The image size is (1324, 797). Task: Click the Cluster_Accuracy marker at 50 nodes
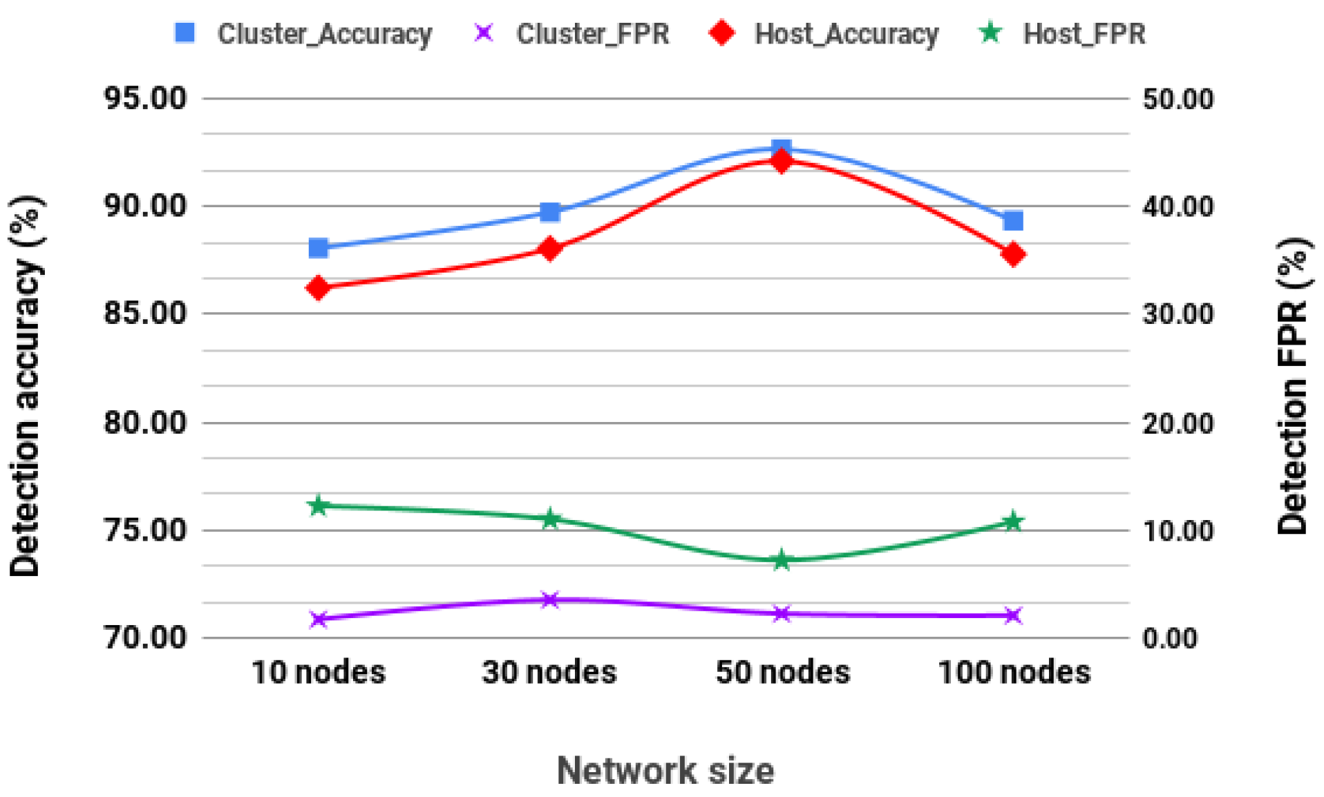(x=782, y=148)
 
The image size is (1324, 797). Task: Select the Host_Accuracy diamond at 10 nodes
(x=319, y=287)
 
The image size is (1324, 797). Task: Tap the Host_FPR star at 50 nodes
(x=782, y=560)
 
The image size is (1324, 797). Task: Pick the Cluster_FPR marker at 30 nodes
(x=550, y=599)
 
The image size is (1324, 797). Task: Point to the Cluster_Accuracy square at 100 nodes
(x=1013, y=221)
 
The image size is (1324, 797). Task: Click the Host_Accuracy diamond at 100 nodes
(x=1013, y=254)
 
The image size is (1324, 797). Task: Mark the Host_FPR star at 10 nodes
(x=319, y=506)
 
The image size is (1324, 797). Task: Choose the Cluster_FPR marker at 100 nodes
(x=1013, y=615)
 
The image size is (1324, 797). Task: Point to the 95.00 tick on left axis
(x=145, y=99)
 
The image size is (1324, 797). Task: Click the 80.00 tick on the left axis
(x=145, y=422)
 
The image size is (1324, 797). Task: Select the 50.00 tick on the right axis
(x=1178, y=99)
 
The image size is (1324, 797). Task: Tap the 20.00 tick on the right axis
(x=1178, y=423)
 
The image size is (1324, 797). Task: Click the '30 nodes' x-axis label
(x=549, y=672)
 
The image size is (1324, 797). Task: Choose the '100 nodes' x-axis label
(x=1014, y=672)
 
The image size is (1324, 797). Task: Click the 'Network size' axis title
(x=665, y=770)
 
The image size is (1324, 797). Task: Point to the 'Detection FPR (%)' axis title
(x=1292, y=387)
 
